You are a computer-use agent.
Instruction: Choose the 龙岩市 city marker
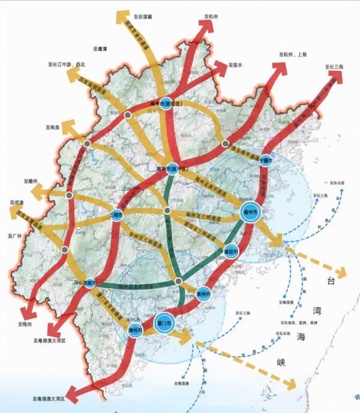91,282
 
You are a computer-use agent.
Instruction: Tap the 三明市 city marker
116,215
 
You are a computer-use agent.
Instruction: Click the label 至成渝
17,204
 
